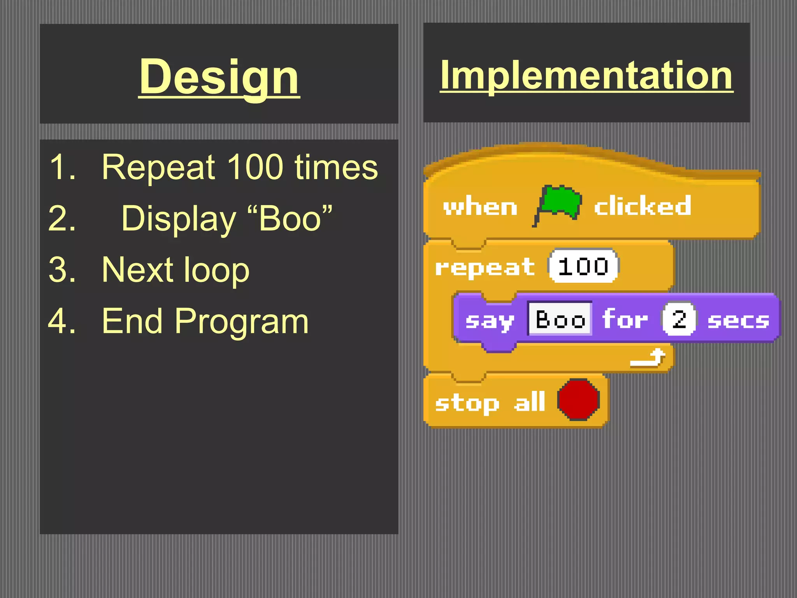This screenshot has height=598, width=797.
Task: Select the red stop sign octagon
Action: coord(578,400)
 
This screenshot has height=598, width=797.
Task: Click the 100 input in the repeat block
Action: coord(583,267)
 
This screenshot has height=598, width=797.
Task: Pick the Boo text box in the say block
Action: coord(560,319)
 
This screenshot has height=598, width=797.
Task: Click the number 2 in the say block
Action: coord(679,319)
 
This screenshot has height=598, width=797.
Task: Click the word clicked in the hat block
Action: coord(642,206)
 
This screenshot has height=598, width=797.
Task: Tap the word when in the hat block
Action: coord(480,207)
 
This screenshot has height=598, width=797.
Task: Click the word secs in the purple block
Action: coord(738,321)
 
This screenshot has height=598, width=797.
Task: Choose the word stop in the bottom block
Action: coord(467,403)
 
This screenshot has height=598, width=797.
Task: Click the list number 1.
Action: coord(62,167)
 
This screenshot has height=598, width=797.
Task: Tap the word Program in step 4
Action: coord(241,321)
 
